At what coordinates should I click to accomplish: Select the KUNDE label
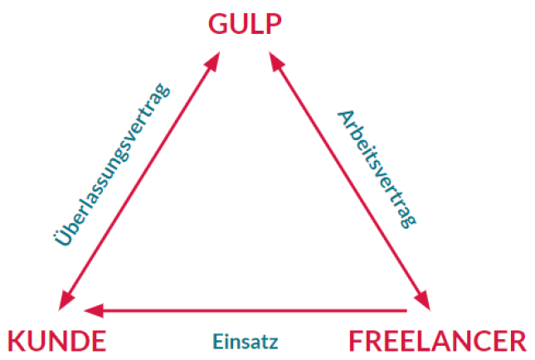click(x=56, y=341)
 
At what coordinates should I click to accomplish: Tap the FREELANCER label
click(x=436, y=341)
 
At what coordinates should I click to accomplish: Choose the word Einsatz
click(x=245, y=341)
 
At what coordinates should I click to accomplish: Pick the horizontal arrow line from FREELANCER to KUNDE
click(x=249, y=311)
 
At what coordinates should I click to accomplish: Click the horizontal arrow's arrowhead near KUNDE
click(x=93, y=311)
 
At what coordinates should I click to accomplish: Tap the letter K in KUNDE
click(x=17, y=341)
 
